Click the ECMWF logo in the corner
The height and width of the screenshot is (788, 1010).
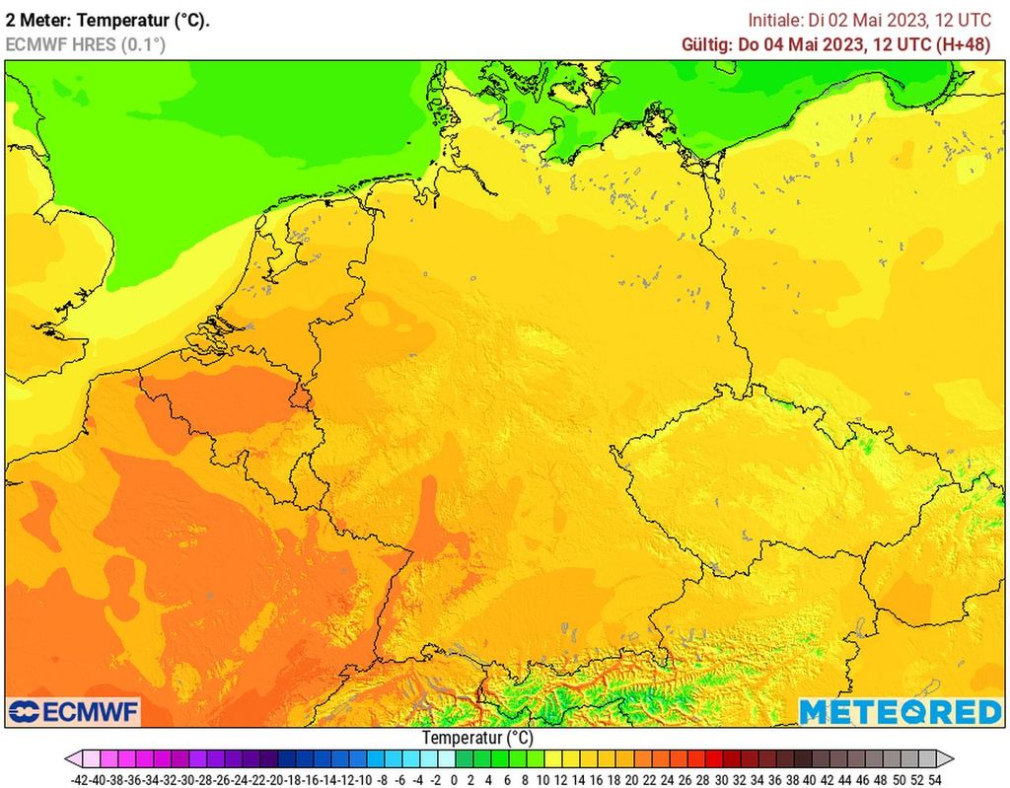74,711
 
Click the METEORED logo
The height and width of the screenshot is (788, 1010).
900,711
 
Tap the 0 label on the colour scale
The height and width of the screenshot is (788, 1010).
454,778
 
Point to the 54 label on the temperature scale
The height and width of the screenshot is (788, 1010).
934,778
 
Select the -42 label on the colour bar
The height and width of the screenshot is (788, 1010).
82,778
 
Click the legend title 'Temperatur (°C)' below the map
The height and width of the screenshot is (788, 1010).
477,738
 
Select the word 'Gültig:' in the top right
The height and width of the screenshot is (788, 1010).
707,44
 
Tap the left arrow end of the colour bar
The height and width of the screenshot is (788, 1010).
73,759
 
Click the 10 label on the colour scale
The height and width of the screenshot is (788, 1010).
542,778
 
